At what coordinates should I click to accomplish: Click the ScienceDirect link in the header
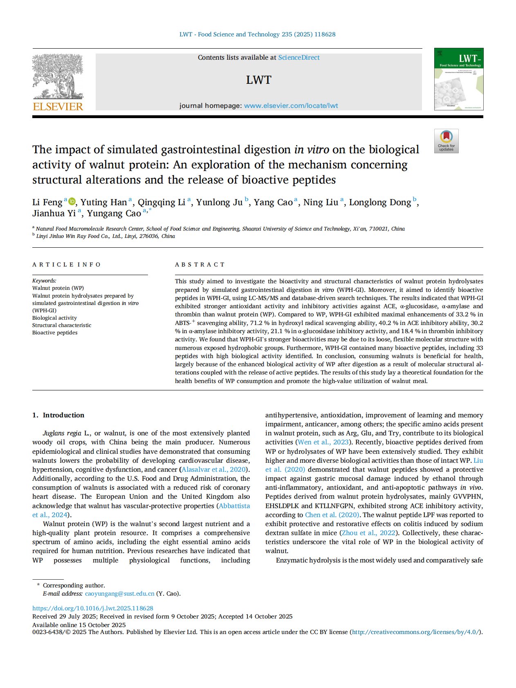[x=299, y=58]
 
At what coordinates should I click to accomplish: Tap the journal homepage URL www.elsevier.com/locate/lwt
[x=291, y=105]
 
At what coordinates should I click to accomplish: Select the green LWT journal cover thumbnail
[x=458, y=79]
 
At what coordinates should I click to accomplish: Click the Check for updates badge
[x=446, y=141]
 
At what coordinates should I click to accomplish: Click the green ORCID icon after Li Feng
[x=72, y=201]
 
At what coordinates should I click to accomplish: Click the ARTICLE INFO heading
[x=66, y=264]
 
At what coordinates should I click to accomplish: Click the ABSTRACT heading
[x=200, y=264]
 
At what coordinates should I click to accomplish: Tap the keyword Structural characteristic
[x=62, y=325]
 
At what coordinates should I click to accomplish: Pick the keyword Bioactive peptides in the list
[x=55, y=333]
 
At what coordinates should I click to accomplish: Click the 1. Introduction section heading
[x=58, y=415]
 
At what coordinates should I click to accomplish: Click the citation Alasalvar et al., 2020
[x=214, y=470]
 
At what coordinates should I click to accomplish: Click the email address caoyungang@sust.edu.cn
[x=119, y=594]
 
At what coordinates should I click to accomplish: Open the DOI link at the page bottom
[x=93, y=608]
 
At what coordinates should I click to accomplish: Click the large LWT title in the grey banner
[x=258, y=80]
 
